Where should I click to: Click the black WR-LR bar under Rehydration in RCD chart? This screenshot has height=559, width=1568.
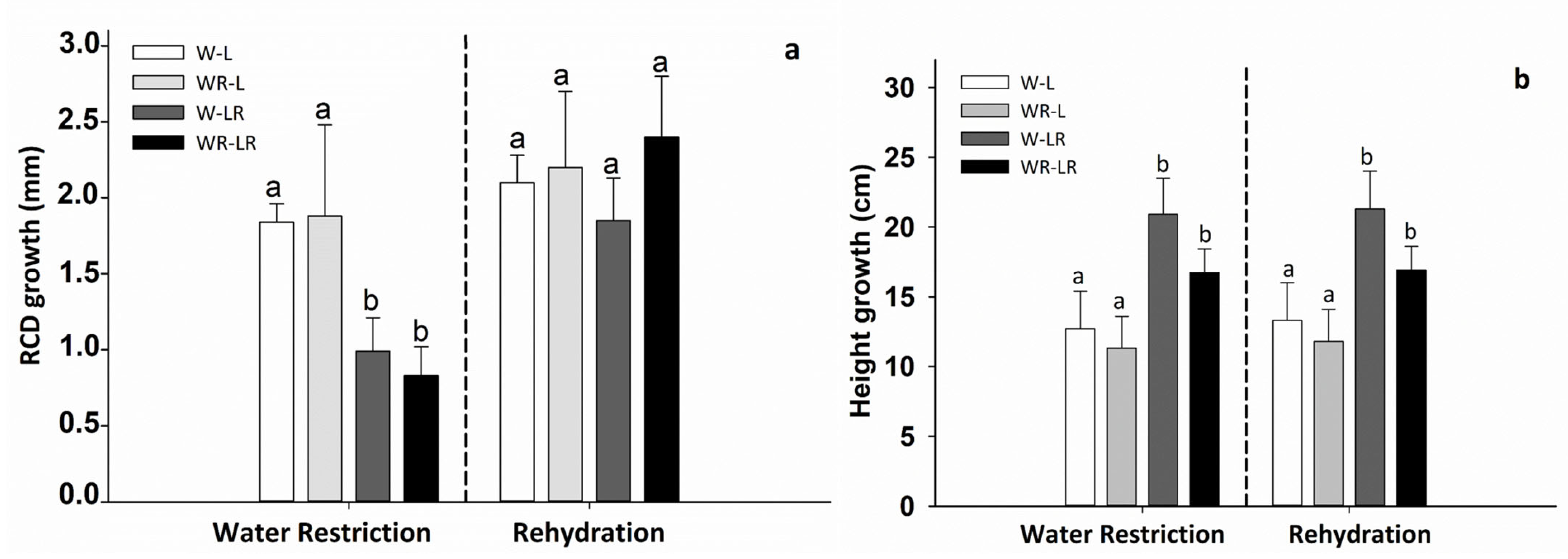[662, 319]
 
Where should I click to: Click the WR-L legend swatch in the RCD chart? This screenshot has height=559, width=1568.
[158, 82]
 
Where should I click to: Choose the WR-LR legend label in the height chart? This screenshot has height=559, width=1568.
[1048, 167]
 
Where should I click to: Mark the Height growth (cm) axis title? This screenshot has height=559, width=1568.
[861, 291]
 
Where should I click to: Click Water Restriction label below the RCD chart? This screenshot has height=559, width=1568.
[322, 533]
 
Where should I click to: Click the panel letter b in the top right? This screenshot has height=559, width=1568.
[1521, 80]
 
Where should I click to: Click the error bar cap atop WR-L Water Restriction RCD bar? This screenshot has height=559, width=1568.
[324, 125]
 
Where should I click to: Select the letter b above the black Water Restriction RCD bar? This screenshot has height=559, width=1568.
[421, 332]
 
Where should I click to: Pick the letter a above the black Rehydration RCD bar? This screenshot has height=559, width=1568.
[661, 63]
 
